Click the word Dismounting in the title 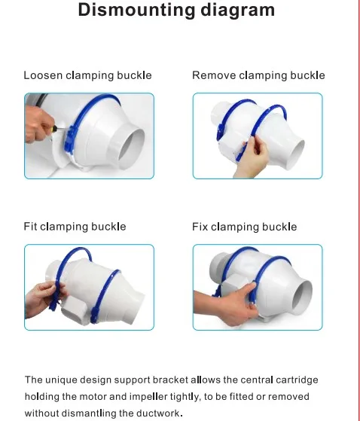[x=136, y=11]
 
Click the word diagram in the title [x=238, y=11]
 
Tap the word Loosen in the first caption [x=43, y=75]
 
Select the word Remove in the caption [x=214, y=75]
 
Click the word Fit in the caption [x=30, y=227]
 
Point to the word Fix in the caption [x=200, y=227]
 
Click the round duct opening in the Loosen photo [x=132, y=148]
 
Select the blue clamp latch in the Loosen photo [x=69, y=140]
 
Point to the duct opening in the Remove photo [x=295, y=154]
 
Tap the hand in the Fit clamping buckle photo [x=43, y=300]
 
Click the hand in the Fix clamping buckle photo [x=228, y=306]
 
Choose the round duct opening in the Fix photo [x=302, y=297]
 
